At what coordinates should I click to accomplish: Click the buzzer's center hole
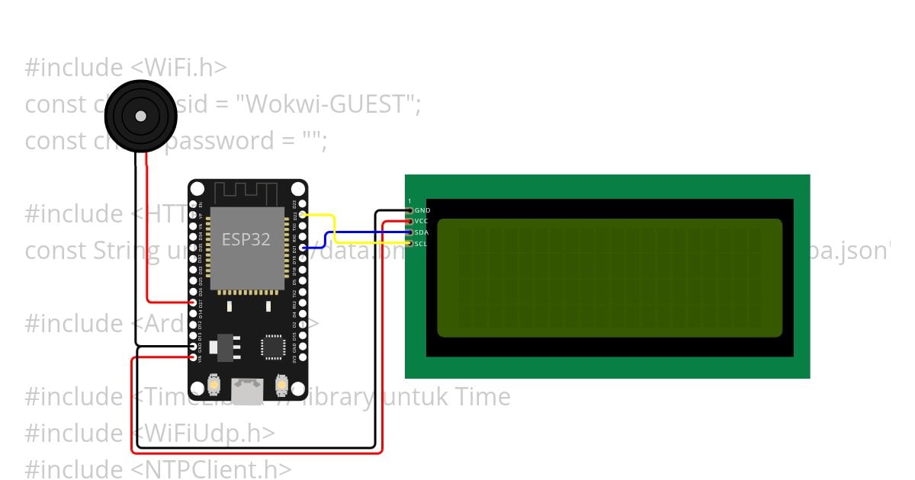pyautogui.click(x=141, y=116)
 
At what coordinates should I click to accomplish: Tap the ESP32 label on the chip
pyautogui.click(x=246, y=239)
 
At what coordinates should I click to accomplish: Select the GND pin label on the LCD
pyautogui.click(x=422, y=210)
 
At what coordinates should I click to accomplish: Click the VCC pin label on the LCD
pyautogui.click(x=422, y=221)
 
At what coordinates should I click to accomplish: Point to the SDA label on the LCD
pyautogui.click(x=422, y=232)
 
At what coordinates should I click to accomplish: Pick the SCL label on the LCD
pyautogui.click(x=422, y=244)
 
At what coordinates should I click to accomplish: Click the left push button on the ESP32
pyautogui.click(x=217, y=386)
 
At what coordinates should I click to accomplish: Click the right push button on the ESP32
pyautogui.click(x=281, y=386)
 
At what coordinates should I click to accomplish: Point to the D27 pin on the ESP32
pyautogui.click(x=193, y=302)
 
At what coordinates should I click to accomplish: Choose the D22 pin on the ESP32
pyautogui.click(x=303, y=216)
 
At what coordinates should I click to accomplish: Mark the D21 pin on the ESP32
pyautogui.click(x=303, y=248)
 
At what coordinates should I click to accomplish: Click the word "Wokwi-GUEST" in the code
pyautogui.click(x=325, y=104)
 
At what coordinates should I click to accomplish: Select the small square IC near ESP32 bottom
pyautogui.click(x=272, y=346)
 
